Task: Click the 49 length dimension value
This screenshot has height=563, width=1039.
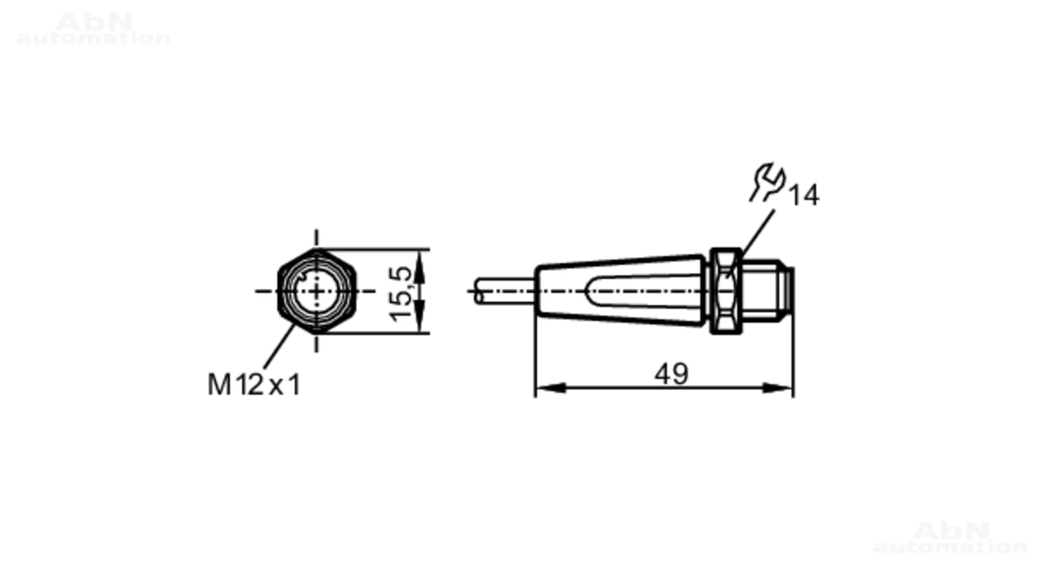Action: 671,373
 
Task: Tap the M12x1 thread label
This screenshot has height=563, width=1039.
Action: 254,385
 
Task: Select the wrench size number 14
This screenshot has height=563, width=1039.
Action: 804,195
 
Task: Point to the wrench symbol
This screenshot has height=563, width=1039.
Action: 767,182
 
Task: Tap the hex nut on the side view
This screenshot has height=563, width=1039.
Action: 725,291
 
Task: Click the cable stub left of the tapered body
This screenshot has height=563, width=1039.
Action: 504,291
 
